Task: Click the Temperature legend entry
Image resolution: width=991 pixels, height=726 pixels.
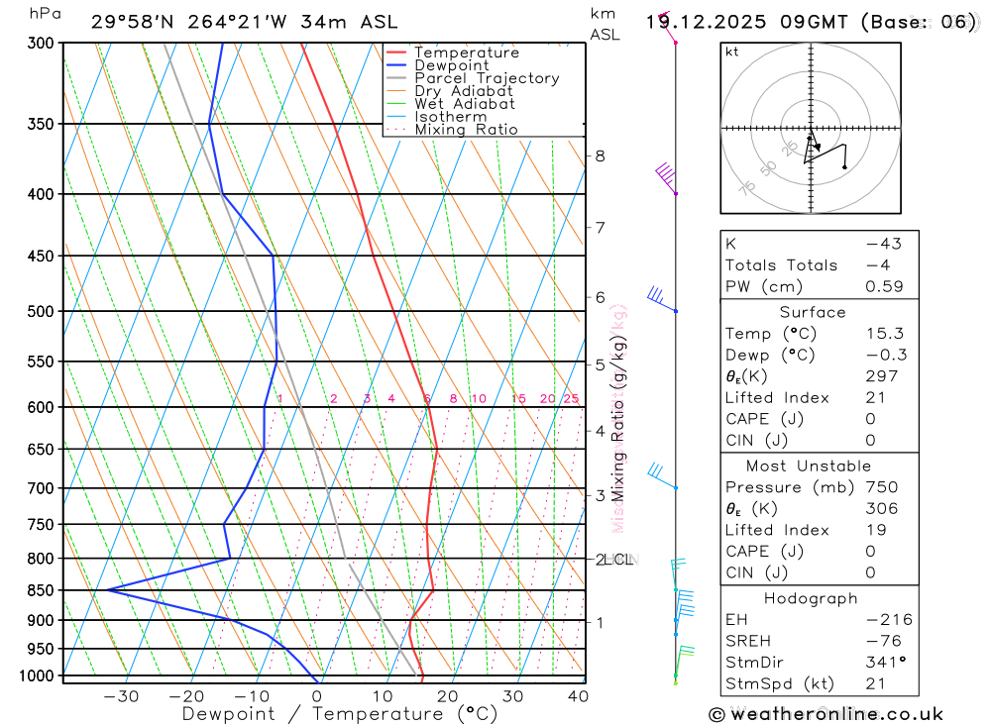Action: tap(466, 52)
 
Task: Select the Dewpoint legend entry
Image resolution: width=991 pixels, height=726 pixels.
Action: tap(451, 65)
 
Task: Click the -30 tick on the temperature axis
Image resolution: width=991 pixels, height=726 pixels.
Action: tap(121, 696)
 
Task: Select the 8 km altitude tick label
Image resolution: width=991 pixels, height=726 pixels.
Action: tap(600, 156)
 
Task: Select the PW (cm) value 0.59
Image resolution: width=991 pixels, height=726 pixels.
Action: tap(885, 287)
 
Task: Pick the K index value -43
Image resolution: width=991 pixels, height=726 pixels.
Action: tap(878, 244)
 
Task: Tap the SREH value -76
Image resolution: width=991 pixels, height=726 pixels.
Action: tap(880, 641)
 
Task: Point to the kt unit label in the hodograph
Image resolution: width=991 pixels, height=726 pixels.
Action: tap(732, 52)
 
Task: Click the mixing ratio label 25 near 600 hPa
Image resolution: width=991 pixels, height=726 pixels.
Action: tap(571, 398)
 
